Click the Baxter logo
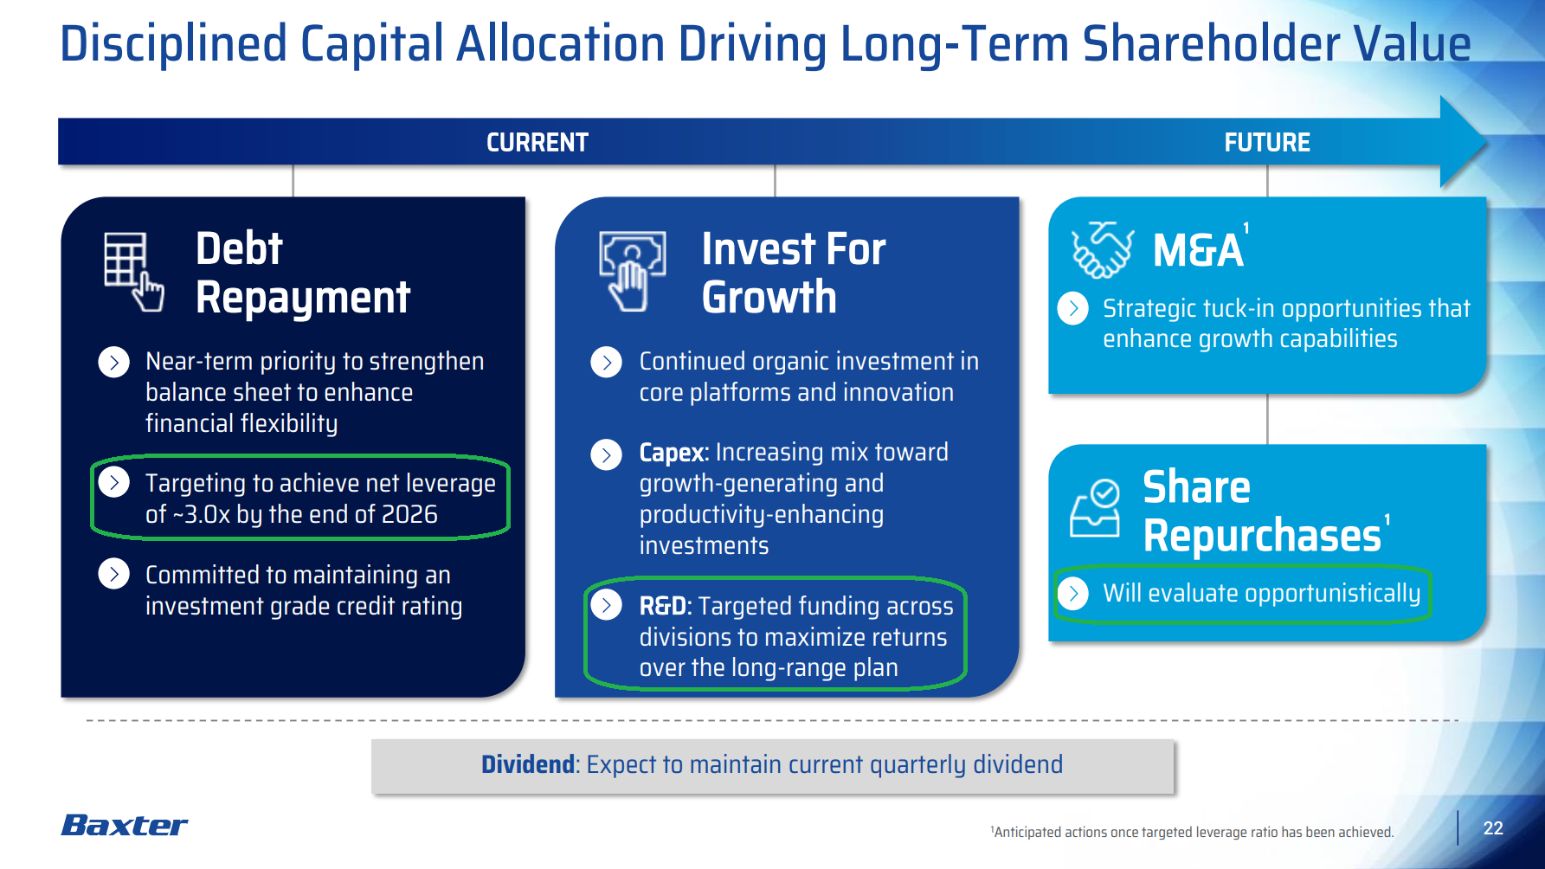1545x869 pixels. click(125, 825)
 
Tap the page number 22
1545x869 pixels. click(1493, 828)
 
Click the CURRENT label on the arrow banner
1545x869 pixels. click(538, 142)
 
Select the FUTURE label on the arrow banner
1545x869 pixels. click(1267, 142)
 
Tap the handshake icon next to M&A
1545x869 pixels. click(1102, 250)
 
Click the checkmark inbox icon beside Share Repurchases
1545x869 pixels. click(1095, 509)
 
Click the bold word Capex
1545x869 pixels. click(673, 453)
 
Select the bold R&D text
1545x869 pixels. click(663, 606)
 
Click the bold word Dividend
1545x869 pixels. click(528, 764)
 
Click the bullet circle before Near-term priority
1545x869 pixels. click(114, 362)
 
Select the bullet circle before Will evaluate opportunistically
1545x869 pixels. click(1073, 593)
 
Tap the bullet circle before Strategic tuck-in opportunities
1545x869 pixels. click(1073, 308)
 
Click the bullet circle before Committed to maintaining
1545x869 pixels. click(114, 574)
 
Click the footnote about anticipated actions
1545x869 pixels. click(1192, 832)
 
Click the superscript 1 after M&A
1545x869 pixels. click(1246, 229)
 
